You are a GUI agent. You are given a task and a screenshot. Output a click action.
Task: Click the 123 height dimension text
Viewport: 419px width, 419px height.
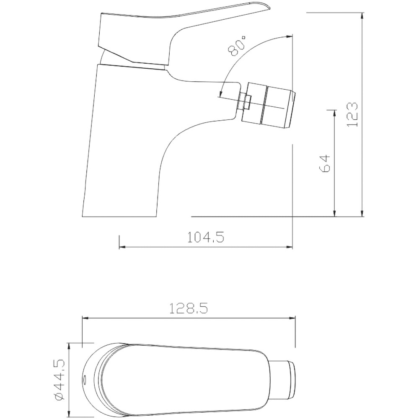[x=352, y=114]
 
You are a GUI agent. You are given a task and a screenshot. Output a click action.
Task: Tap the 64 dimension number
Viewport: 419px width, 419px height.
[x=325, y=164]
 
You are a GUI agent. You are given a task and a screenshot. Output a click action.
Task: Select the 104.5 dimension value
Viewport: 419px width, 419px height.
[x=205, y=237]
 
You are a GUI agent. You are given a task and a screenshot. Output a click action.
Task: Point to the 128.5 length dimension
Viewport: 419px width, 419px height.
[x=189, y=309]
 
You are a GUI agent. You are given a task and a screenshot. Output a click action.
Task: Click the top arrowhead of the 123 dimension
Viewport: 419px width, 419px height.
[x=362, y=16]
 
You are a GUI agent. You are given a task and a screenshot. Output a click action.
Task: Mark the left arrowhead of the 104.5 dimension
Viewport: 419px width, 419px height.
[x=122, y=247]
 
